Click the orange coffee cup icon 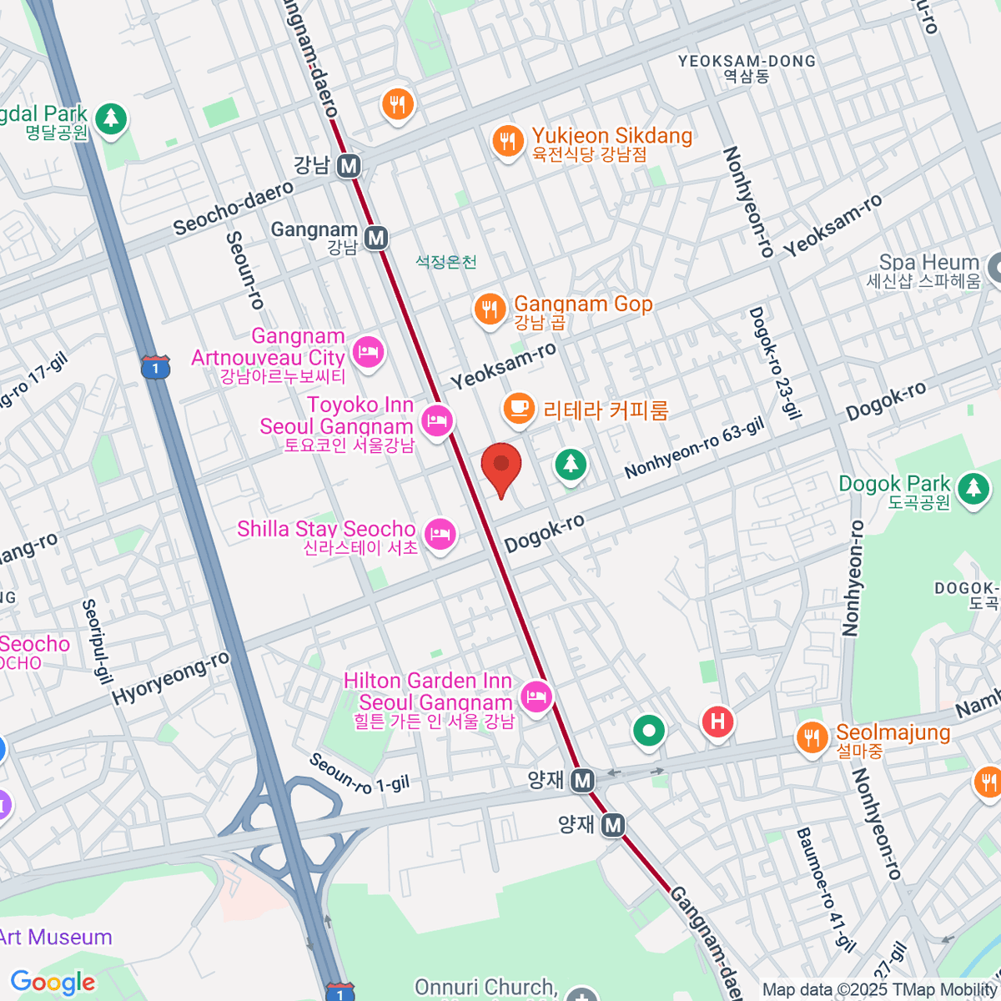(x=519, y=409)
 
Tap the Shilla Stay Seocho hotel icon (x=440, y=534)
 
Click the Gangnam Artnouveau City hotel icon (x=368, y=351)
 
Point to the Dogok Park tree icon (x=973, y=488)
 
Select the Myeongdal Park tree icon (x=110, y=118)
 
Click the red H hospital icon (x=717, y=721)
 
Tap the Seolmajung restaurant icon (x=811, y=737)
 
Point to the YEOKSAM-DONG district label (x=747, y=62)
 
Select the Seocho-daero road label (x=234, y=208)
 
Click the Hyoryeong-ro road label (x=171, y=679)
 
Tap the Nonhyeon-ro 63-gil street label (x=694, y=449)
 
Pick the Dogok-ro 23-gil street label (x=775, y=362)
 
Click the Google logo (x=53, y=982)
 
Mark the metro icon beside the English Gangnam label (x=377, y=239)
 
